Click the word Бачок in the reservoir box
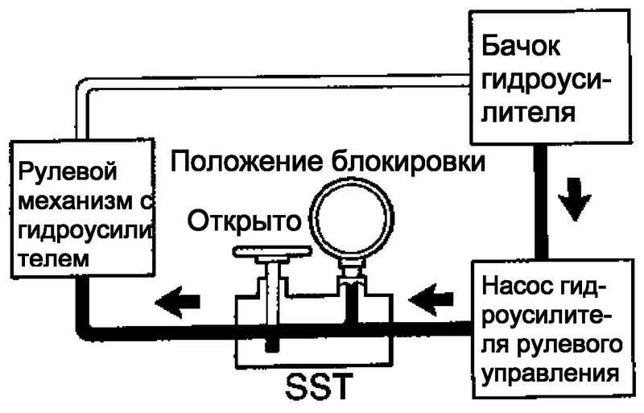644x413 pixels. tap(520, 46)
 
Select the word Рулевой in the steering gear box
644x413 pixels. tap(68, 172)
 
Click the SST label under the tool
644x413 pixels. tap(319, 386)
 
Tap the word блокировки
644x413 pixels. tap(408, 162)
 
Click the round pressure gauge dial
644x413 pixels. tap(352, 219)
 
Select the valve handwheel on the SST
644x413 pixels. tap(272, 251)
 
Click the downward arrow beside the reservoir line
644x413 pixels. tap(574, 199)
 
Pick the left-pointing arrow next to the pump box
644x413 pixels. tap(431, 299)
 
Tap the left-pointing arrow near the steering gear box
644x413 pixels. tap(177, 302)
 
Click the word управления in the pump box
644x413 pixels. tap(551, 374)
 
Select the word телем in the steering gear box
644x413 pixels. tap(53, 259)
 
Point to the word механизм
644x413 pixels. tap(76, 201)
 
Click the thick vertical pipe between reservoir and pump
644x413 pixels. tap(541, 201)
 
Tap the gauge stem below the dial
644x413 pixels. tap(351, 271)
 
